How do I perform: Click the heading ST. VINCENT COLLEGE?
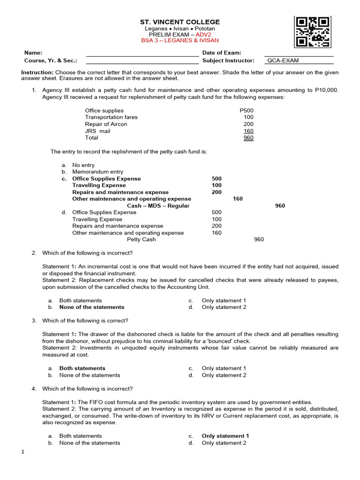(x=180, y=22)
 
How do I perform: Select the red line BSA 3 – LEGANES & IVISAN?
(x=180, y=41)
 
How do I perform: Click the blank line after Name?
(x=142, y=53)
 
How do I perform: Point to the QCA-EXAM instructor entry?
(x=283, y=60)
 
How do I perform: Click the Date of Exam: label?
(x=222, y=53)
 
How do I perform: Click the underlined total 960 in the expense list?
(x=248, y=138)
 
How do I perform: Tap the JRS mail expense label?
(x=97, y=131)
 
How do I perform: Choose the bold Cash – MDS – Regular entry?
(x=158, y=206)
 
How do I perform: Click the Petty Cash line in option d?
(x=142, y=240)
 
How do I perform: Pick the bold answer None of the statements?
(x=91, y=307)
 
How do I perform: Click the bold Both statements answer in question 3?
(x=82, y=368)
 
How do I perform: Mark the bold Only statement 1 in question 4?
(x=225, y=436)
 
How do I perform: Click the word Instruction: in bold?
(x=37, y=73)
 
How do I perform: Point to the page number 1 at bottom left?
(x=22, y=452)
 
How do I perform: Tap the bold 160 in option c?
(x=238, y=199)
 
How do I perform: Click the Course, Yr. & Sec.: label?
(x=51, y=60)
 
